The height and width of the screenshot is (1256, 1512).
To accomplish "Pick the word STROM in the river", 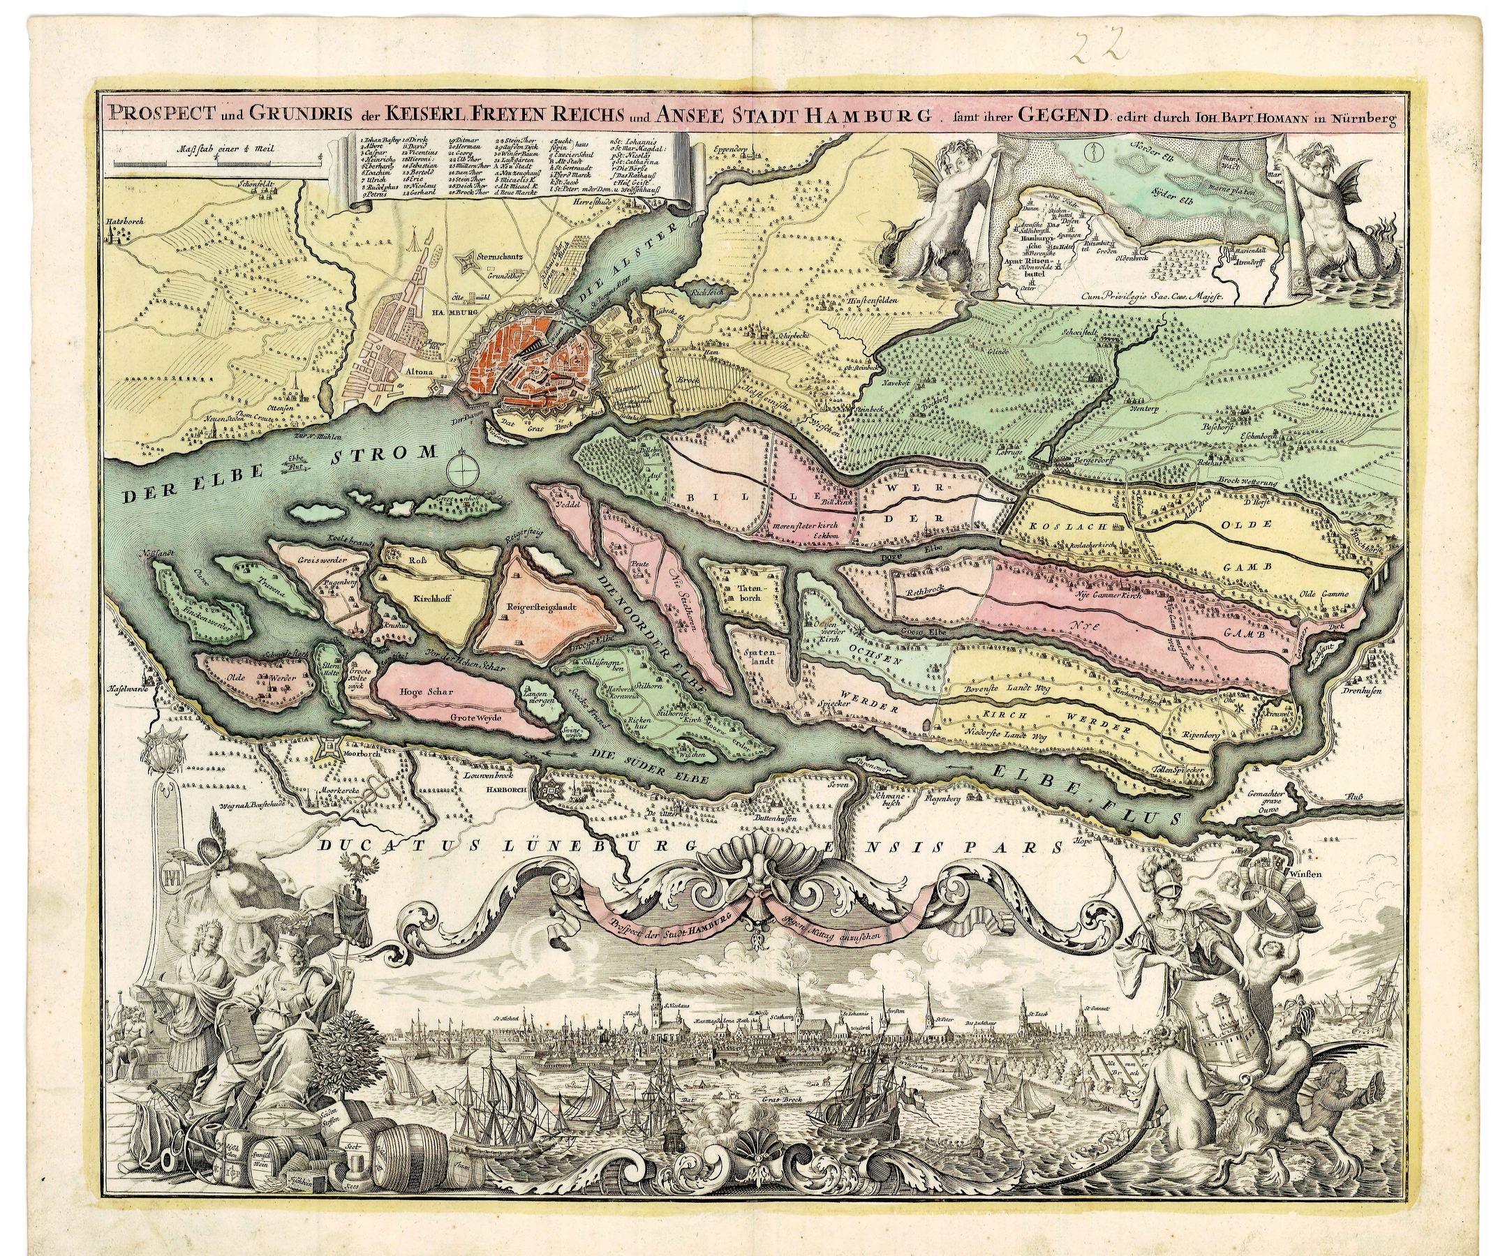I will coord(385,454).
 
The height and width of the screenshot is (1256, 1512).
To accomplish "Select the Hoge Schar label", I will coord(426,691).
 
